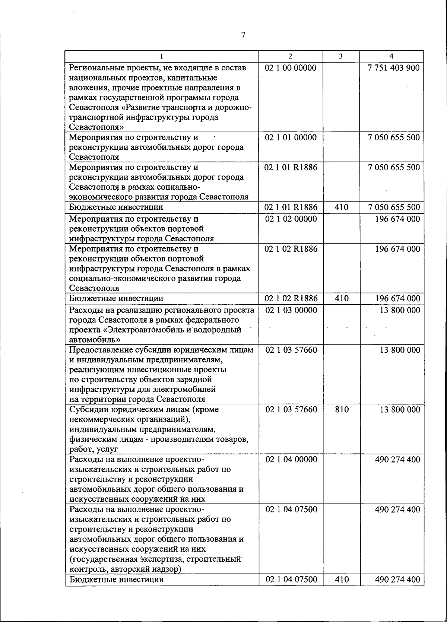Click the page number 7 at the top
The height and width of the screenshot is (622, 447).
click(x=243, y=35)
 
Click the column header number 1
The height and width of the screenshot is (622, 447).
click(x=161, y=56)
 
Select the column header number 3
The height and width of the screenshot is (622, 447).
click(x=341, y=56)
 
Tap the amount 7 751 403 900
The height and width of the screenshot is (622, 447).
click(x=393, y=68)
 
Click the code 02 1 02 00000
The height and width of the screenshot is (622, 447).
click(x=291, y=219)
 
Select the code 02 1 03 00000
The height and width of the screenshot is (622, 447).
click(x=291, y=310)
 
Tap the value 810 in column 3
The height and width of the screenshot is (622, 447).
click(x=342, y=410)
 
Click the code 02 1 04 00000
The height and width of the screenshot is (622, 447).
click(x=291, y=460)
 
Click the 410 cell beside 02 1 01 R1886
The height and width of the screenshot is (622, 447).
click(x=341, y=207)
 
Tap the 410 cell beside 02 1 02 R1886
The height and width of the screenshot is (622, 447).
click(x=341, y=299)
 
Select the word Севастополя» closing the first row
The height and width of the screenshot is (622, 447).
click(x=96, y=127)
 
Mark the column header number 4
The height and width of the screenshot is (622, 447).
click(x=391, y=56)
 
